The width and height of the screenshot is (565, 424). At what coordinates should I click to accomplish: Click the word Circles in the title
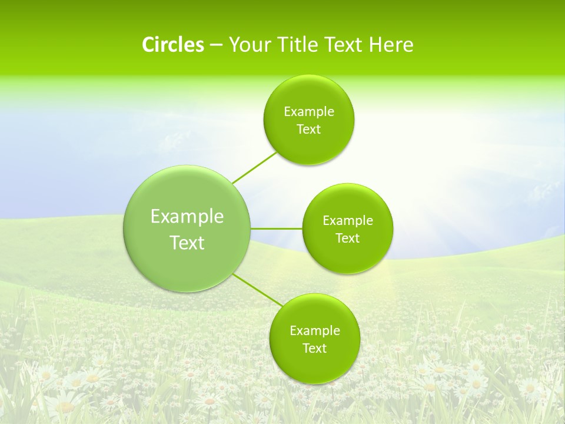[x=172, y=45]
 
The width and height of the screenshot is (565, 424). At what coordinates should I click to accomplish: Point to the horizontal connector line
[x=276, y=228]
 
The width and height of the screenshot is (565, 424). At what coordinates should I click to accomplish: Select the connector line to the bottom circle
[x=257, y=290]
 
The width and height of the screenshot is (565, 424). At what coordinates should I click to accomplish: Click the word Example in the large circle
[x=187, y=217]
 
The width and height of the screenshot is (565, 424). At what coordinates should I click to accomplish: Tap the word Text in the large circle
[x=187, y=243]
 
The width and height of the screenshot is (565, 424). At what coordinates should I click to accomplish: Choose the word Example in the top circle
[x=309, y=112]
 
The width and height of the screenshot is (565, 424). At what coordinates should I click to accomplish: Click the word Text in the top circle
[x=308, y=130]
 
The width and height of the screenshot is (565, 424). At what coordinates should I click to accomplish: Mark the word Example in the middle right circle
[x=348, y=221]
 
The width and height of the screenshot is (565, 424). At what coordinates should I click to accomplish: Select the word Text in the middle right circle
[x=347, y=238]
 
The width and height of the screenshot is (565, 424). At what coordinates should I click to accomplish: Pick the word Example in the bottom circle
[x=315, y=331]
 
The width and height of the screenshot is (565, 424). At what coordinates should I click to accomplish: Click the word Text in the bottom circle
[x=314, y=349]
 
